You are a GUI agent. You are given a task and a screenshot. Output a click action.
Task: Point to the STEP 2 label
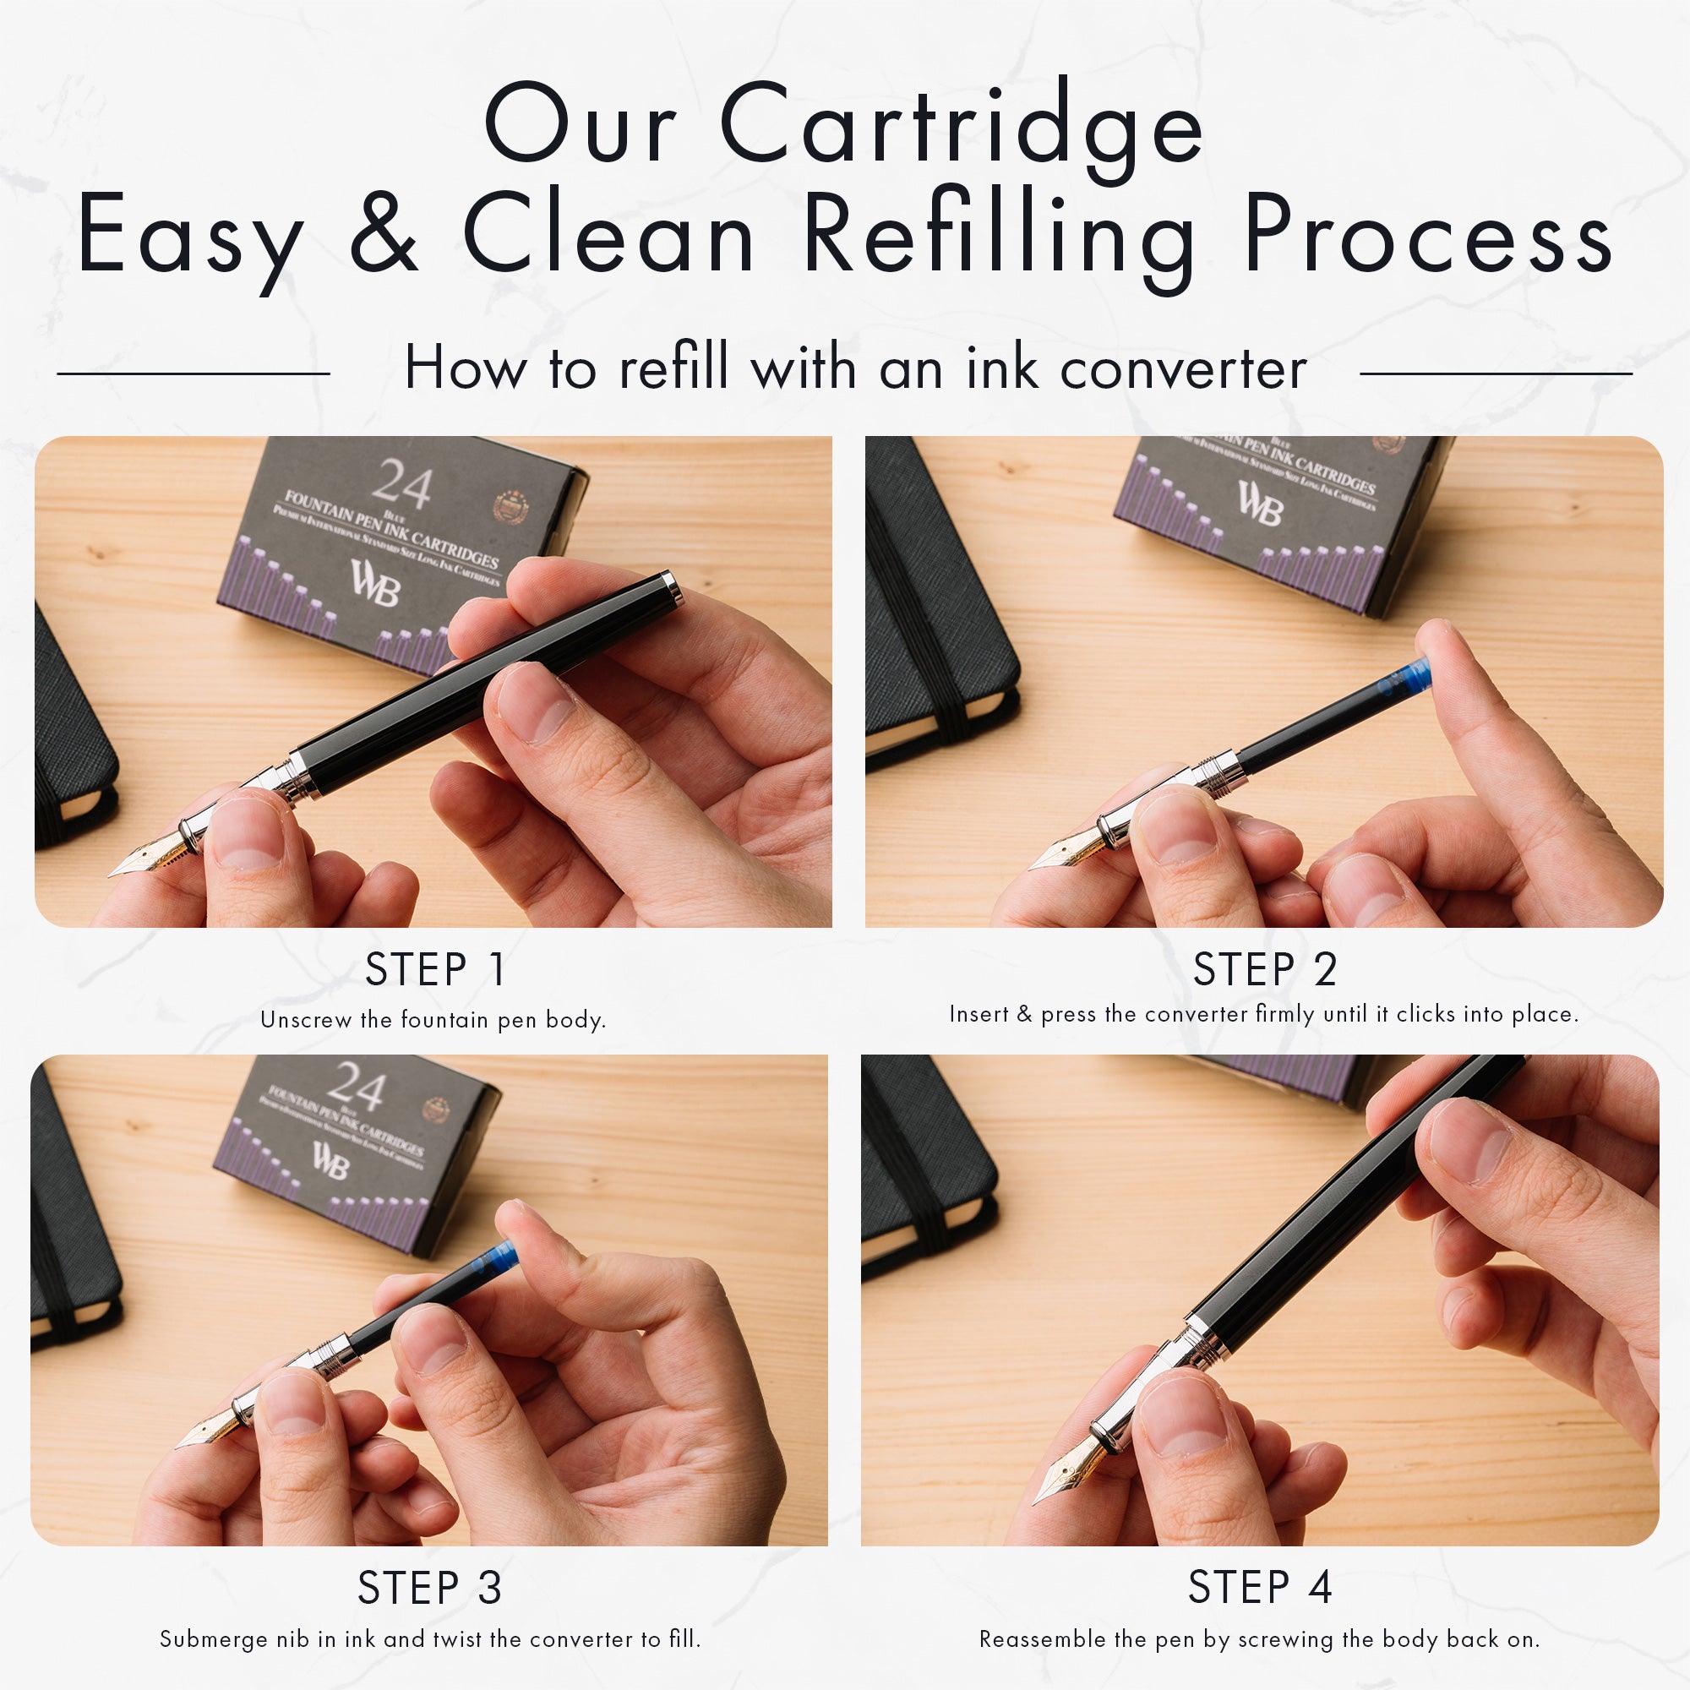1265,969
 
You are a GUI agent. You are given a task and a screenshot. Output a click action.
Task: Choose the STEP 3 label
429,1588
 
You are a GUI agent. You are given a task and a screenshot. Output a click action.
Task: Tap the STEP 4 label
1260,1587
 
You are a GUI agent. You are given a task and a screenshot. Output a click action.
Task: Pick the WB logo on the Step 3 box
330,1161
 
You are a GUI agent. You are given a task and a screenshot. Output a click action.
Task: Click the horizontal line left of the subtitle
194,373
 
